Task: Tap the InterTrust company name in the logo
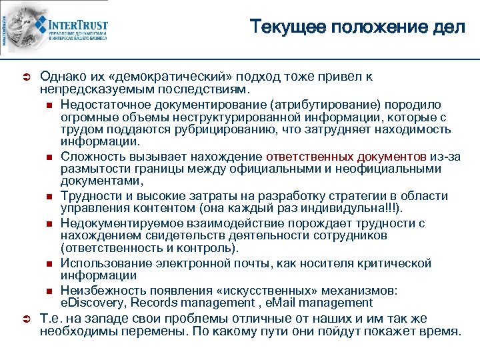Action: click(x=79, y=25)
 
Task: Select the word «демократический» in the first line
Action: click(x=153, y=77)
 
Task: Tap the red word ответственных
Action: click(x=309, y=156)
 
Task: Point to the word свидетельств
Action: click(x=189, y=235)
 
